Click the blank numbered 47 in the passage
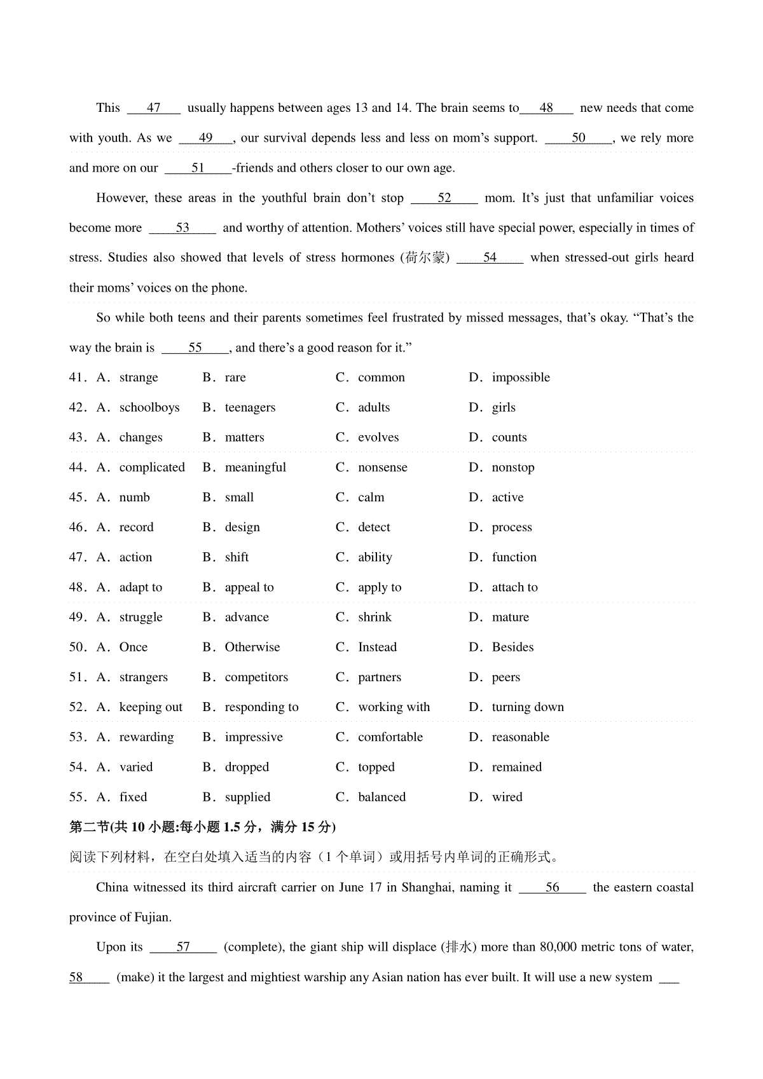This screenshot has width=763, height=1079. click(x=154, y=108)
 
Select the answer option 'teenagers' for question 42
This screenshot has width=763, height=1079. click(x=250, y=408)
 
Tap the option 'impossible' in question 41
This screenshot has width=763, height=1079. click(x=520, y=378)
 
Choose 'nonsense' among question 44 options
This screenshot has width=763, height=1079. click(x=382, y=468)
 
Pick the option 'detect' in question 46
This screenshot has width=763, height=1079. click(x=374, y=527)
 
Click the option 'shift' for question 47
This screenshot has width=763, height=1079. click(x=237, y=557)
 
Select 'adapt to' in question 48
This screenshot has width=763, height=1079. click(x=141, y=588)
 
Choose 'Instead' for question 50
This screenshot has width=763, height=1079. click(x=377, y=648)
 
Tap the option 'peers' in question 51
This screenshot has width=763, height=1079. click(x=505, y=677)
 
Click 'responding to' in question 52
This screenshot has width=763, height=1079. click(x=261, y=707)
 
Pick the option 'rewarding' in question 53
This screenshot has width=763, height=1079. click(x=146, y=737)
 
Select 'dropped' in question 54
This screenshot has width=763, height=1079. click(x=247, y=768)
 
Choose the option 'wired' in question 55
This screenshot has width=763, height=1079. click(x=507, y=797)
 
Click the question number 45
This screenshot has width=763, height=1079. click(x=78, y=498)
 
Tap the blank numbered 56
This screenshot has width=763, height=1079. click(x=552, y=888)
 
